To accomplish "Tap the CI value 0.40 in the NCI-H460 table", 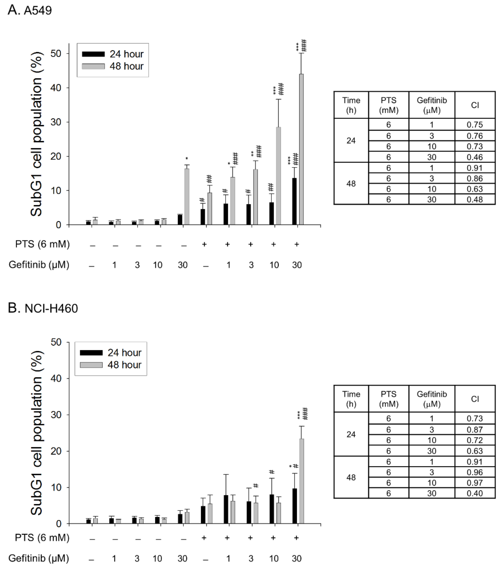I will tap(475, 493).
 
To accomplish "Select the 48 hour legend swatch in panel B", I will tap(91, 365).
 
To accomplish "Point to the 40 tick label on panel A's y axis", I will tap(56, 88).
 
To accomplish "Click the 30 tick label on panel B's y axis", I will tap(56, 415).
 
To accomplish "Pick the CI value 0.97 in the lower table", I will tap(475, 483).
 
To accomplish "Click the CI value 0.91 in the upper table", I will tap(475, 168).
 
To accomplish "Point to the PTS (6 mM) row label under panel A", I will tap(42, 244).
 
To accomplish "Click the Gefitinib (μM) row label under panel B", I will tap(39, 558).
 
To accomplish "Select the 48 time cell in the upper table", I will tap(351, 184).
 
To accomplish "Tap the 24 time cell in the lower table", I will tap(351, 434).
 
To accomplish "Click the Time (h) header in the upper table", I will tap(351, 105).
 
